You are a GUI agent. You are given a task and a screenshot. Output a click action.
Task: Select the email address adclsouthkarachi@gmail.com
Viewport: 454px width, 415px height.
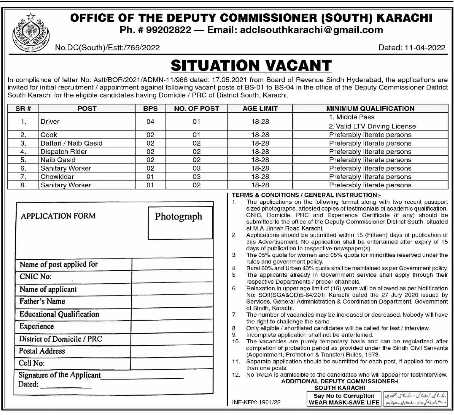311,30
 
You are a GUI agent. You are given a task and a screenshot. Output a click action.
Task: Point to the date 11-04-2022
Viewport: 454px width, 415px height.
425,48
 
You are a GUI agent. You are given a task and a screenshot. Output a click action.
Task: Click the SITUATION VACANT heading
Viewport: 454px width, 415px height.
251,66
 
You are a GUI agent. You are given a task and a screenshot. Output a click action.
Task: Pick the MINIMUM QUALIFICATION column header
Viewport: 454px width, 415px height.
370,108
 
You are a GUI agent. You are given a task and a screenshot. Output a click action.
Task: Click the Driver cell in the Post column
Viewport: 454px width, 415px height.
50,122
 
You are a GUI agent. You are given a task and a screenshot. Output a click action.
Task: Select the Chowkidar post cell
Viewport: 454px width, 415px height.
57,177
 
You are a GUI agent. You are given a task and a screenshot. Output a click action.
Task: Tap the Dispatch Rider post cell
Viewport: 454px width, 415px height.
64,152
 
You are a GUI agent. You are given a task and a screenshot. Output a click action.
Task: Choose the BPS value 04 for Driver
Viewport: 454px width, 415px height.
150,122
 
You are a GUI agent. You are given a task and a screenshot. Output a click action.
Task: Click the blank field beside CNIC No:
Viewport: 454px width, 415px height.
172,277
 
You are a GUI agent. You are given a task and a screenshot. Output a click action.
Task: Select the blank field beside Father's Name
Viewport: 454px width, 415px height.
172,302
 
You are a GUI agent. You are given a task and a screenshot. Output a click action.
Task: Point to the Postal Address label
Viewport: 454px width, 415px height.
42,351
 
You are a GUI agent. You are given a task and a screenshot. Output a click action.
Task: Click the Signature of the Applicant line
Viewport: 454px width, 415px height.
142,376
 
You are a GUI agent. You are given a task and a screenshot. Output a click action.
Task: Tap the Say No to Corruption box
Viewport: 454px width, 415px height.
344,399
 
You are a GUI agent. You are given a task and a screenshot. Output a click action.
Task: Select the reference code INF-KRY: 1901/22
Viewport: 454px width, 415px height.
256,402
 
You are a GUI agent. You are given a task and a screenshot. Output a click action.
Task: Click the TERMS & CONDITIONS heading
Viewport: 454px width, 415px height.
306,195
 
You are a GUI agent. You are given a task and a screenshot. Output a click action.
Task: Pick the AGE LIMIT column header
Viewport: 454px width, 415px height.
260,108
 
